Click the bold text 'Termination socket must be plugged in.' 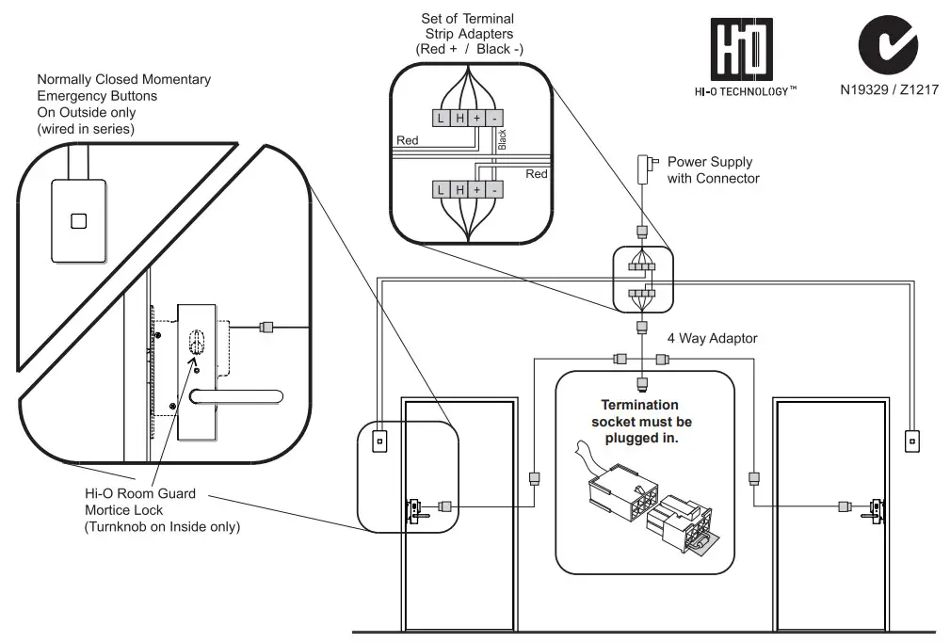tap(641, 421)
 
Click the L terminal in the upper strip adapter tap(440, 118)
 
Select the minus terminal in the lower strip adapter tap(494, 189)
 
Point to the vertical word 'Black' tap(502, 140)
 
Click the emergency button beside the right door tap(910, 440)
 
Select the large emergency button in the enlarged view tap(79, 221)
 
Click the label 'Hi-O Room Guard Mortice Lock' tap(140, 503)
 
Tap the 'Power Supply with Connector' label tap(713, 170)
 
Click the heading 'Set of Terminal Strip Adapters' tap(468, 33)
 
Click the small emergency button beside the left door tap(380, 440)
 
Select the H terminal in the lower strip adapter tap(459, 189)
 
